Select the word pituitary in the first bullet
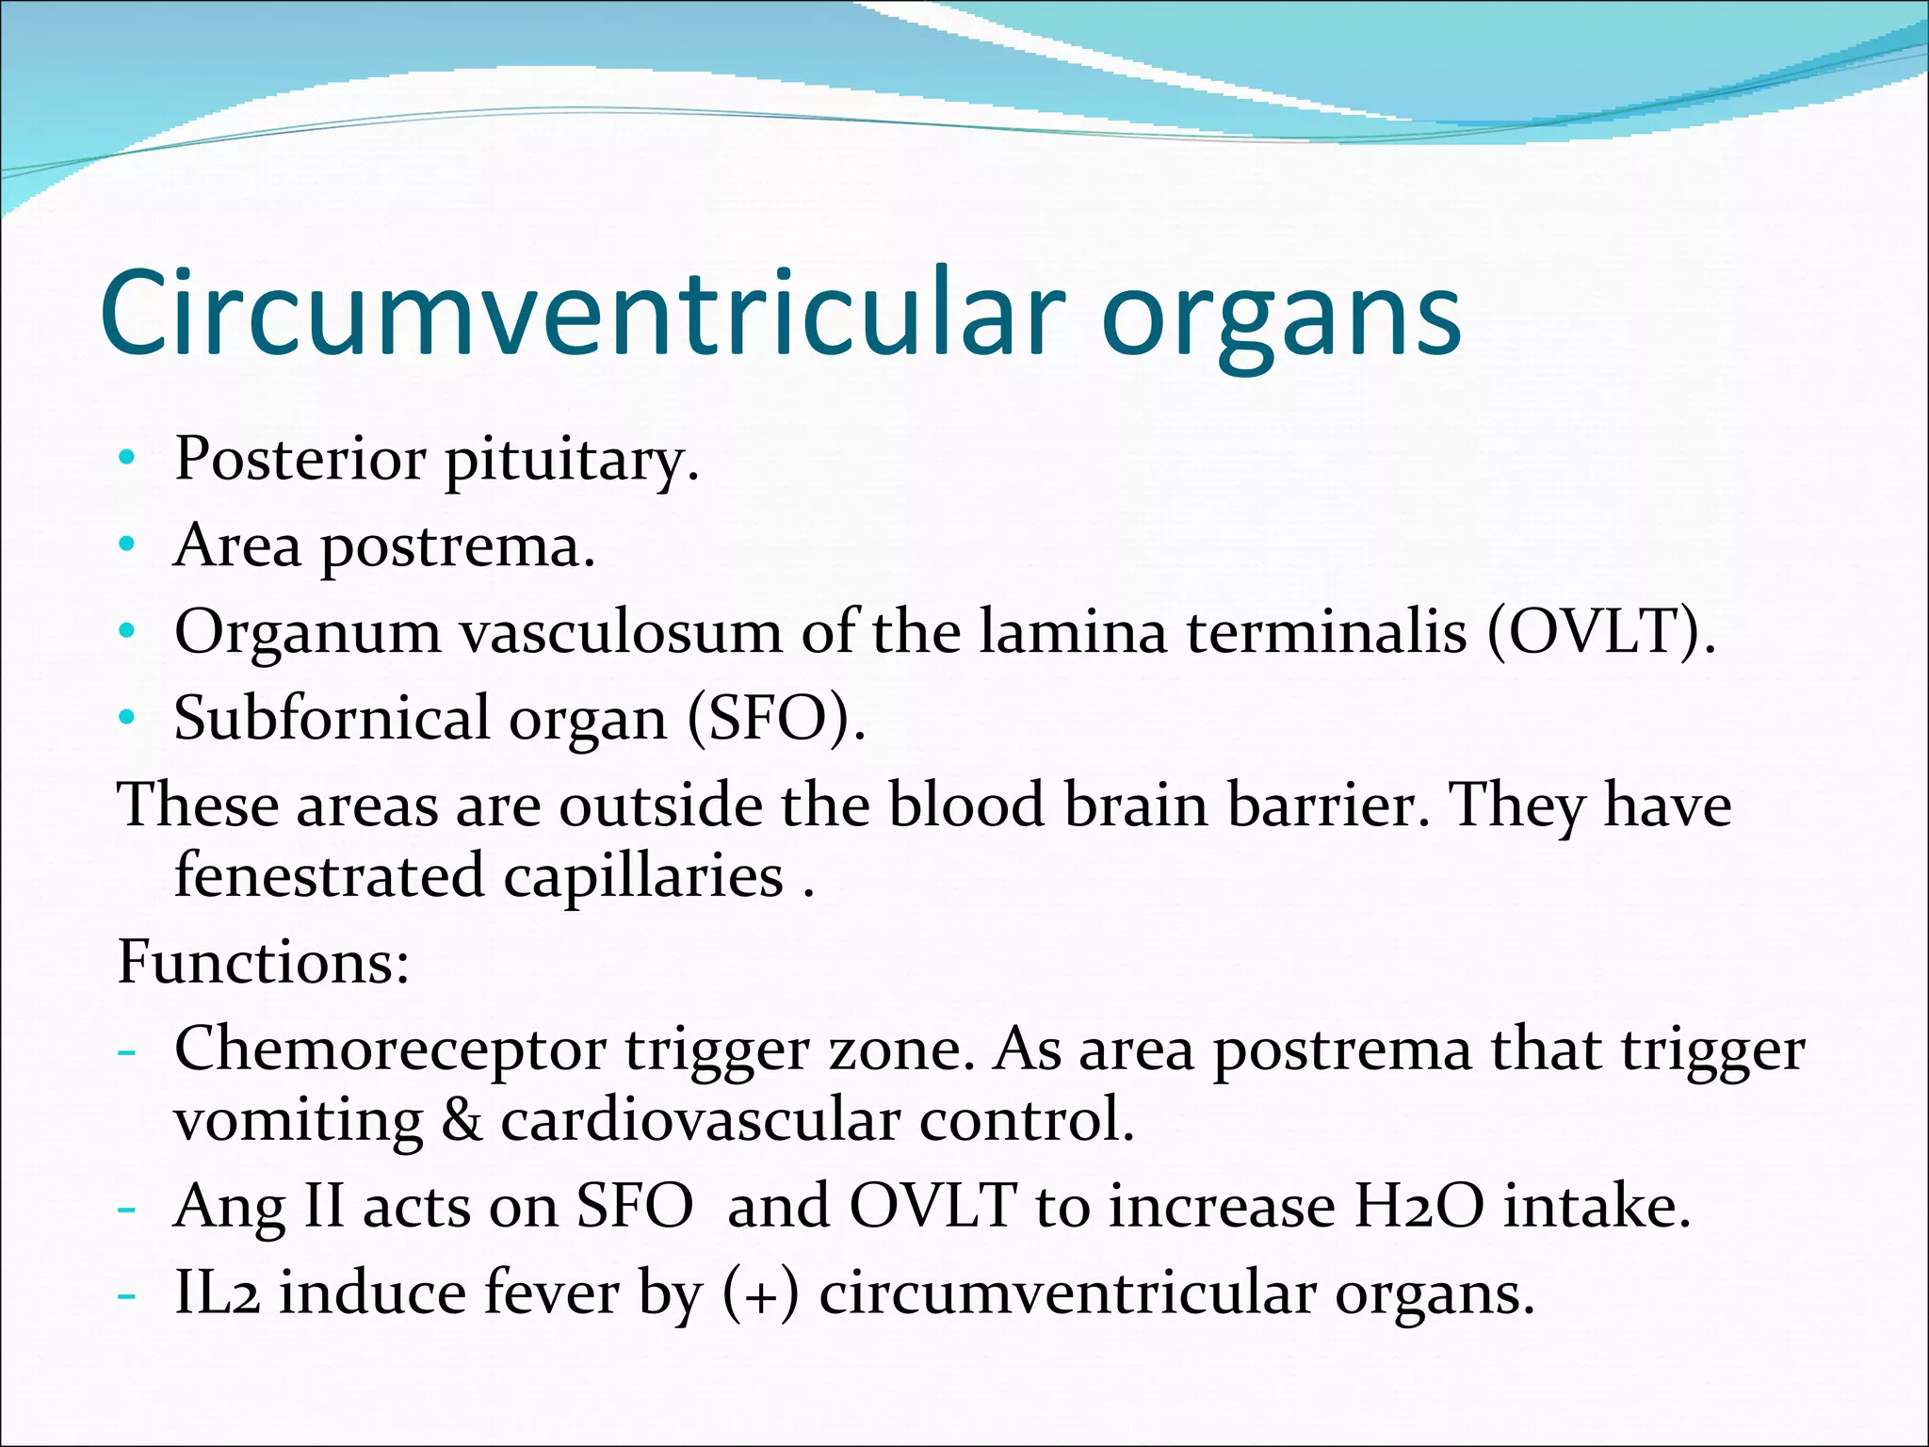[572, 462]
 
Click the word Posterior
[300, 460]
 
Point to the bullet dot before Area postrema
[127, 545]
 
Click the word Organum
[308, 633]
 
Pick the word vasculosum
[621, 631]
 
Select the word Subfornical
[332, 718]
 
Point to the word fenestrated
[330, 875]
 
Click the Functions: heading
[264, 962]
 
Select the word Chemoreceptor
[390, 1049]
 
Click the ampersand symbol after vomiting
[461, 1120]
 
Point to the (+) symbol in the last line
[761, 1294]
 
